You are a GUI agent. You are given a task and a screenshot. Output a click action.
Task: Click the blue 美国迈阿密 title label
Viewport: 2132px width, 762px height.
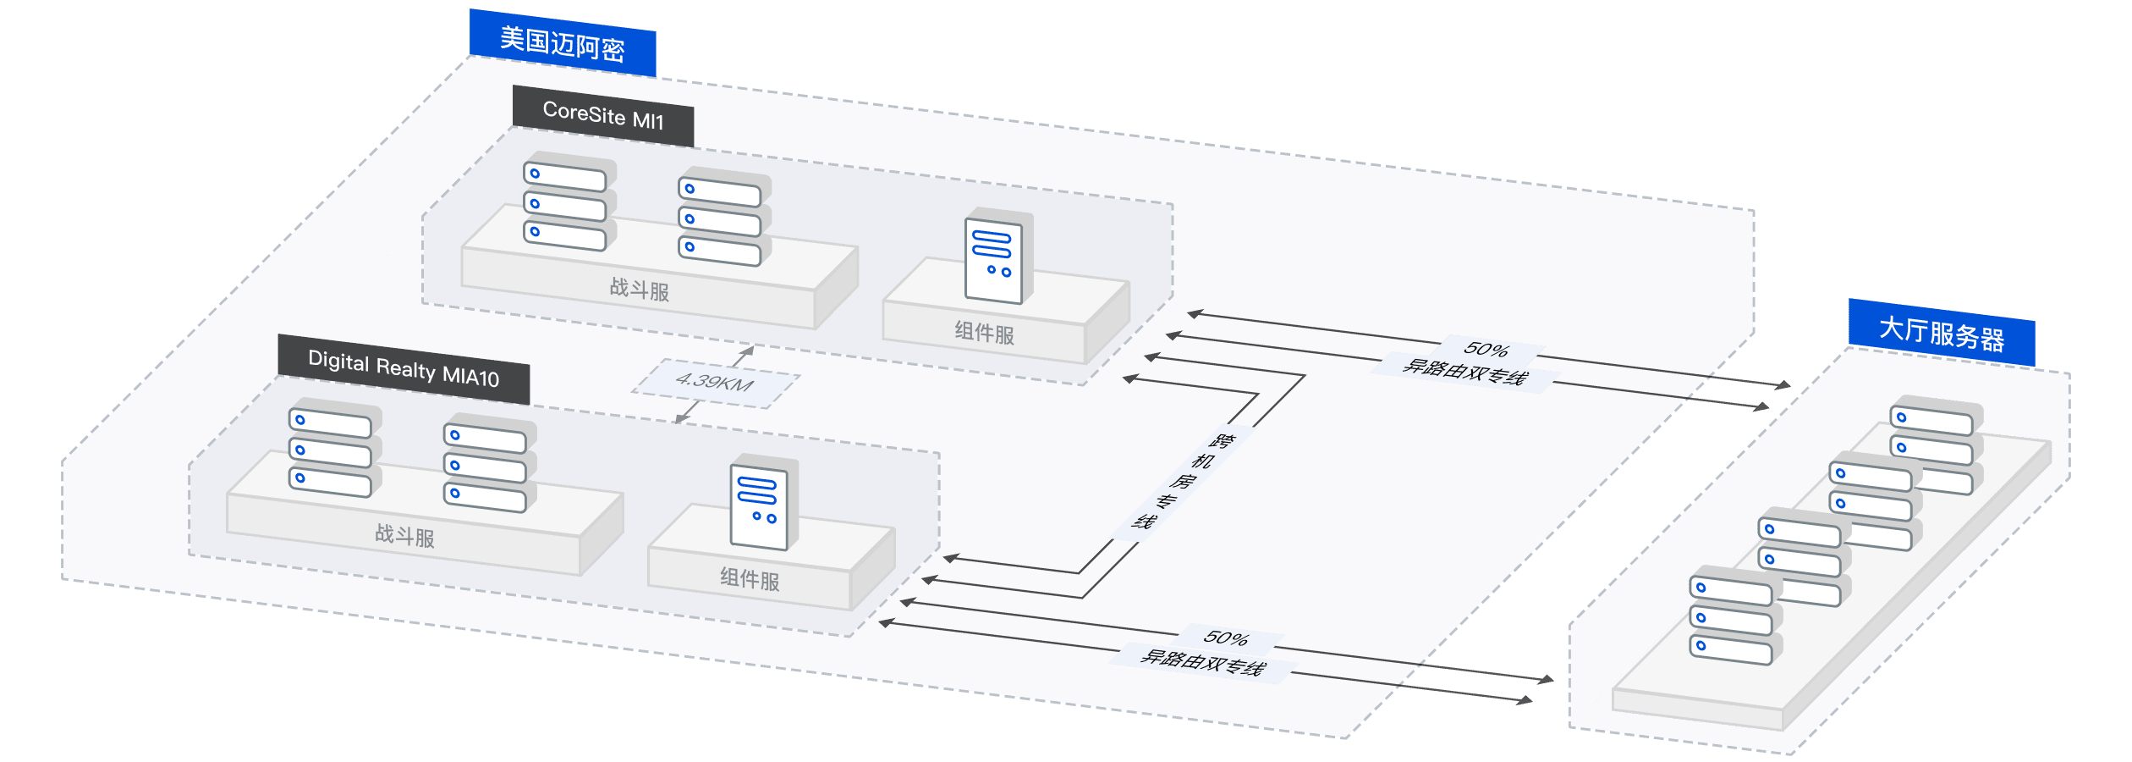click(563, 43)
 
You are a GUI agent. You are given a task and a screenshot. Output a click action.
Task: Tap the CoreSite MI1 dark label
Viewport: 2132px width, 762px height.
click(603, 116)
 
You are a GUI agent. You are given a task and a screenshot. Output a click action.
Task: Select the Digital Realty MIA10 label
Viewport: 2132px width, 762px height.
click(404, 369)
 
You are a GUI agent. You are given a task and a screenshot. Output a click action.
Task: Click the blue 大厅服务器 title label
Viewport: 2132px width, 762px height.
click(1942, 333)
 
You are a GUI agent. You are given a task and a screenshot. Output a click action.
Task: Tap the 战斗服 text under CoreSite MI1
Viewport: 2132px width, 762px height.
click(640, 290)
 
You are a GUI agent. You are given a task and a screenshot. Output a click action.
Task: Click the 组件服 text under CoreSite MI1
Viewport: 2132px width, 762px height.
click(984, 332)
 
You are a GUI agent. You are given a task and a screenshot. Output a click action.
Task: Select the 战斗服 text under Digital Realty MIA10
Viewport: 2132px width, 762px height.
click(404, 535)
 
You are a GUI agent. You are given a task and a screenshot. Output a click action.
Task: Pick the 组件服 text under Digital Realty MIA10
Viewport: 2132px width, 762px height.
click(750, 579)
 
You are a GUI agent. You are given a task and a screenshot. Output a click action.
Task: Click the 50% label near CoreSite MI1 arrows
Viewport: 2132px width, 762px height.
click(1486, 349)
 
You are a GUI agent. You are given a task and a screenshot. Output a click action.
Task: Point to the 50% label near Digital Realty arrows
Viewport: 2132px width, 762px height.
click(1226, 638)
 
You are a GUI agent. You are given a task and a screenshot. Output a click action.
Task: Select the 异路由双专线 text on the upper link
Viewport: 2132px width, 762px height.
click(1464, 372)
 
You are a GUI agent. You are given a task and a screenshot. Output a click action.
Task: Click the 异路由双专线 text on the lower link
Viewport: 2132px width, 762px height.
click(1202, 661)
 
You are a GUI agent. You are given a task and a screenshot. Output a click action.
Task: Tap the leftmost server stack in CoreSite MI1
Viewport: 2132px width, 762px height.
click(566, 203)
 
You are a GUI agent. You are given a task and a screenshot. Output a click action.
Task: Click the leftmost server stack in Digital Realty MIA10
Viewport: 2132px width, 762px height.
click(332, 450)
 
